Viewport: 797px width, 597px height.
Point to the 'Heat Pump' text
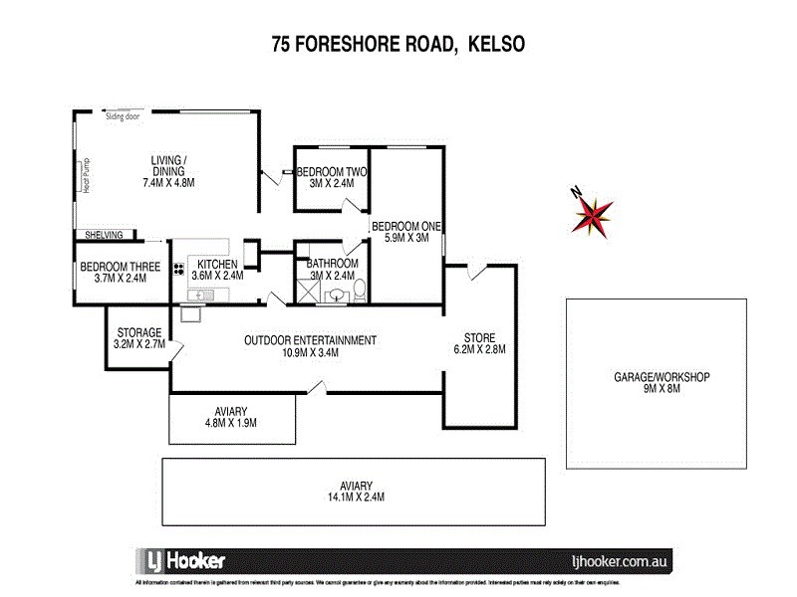pos(87,177)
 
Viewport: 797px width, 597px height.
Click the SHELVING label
pos(104,235)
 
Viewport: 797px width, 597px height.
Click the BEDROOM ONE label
pos(406,226)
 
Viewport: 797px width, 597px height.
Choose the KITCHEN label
pos(217,264)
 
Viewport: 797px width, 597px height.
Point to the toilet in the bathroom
pos(359,290)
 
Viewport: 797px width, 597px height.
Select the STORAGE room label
pos(139,332)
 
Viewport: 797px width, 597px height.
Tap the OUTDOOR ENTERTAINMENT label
pos(311,340)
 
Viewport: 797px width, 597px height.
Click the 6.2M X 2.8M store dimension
pos(479,349)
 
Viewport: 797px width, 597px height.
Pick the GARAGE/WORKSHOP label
pos(661,378)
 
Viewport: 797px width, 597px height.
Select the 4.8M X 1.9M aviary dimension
pos(230,423)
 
